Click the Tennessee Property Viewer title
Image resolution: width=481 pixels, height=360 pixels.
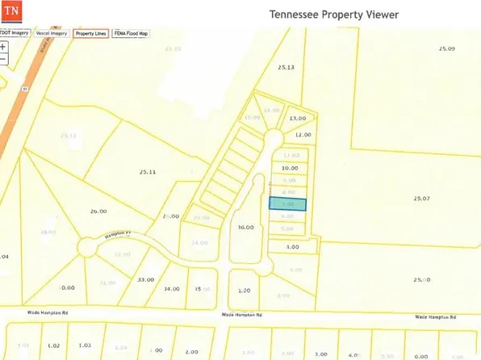[334, 15]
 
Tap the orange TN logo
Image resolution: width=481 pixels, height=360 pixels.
[11, 15]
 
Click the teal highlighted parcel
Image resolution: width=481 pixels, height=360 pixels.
[287, 205]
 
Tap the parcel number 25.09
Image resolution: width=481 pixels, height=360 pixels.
[447, 49]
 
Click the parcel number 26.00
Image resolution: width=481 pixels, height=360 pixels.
[98, 211]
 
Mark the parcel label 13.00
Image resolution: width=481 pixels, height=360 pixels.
[298, 118]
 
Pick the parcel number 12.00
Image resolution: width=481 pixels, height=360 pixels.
[303, 135]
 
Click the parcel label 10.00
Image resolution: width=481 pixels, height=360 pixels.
[289, 168]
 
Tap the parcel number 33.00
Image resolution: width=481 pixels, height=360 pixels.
[145, 278]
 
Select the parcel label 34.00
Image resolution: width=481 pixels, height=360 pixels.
[171, 288]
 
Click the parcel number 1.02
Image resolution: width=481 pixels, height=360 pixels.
[54, 345]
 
